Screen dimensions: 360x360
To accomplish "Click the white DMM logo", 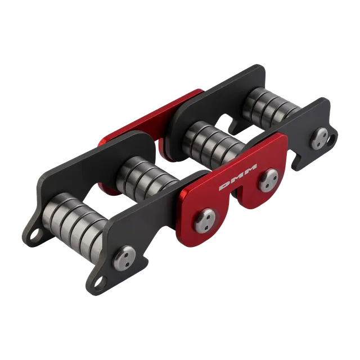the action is tap(238, 177).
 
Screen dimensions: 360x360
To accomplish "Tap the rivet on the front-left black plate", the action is tap(125, 256).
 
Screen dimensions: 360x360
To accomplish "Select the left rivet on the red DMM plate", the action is tap(205, 220).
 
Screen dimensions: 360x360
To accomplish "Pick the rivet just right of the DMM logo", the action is tap(269, 180).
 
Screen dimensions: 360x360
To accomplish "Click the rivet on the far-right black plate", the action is tap(320, 139).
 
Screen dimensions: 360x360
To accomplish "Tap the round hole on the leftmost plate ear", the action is tap(35, 234).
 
